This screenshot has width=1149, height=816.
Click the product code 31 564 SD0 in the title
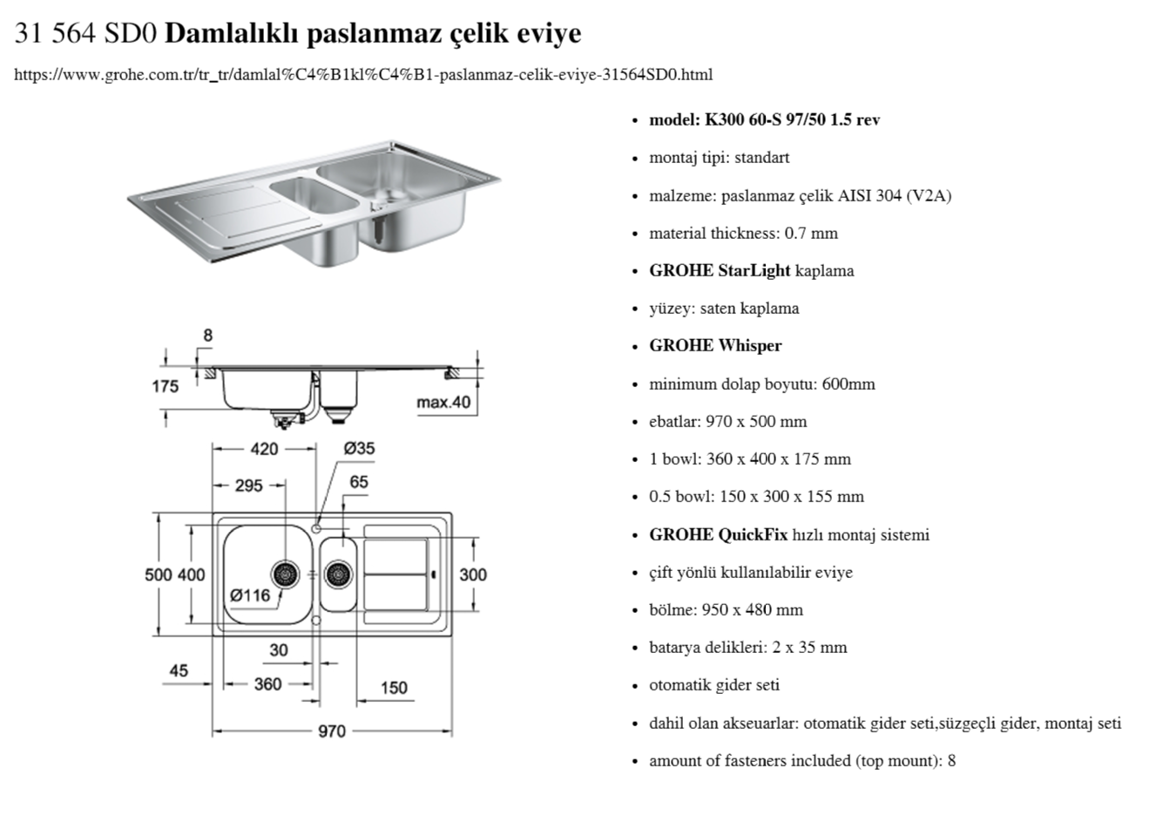[x=85, y=33]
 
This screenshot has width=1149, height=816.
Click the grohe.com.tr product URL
[x=363, y=74]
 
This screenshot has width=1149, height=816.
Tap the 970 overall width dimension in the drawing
[x=331, y=731]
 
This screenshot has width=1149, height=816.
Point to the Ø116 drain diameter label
[x=250, y=595]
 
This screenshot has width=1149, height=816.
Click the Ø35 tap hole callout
[x=358, y=448]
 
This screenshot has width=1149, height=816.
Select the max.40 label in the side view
[x=443, y=402]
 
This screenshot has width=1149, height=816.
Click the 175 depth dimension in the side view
[x=165, y=386]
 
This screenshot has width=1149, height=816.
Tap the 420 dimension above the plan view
[x=264, y=449]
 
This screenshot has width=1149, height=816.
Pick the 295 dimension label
[x=248, y=485]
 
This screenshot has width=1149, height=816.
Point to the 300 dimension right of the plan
[x=473, y=575]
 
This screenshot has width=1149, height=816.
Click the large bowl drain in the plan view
[x=285, y=574]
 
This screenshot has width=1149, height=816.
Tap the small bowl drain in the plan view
[x=338, y=574]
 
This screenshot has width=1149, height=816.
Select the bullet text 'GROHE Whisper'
[x=715, y=345]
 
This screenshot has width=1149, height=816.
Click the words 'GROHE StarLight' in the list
[x=720, y=270]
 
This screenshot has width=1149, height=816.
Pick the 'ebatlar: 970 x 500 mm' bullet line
[x=727, y=421]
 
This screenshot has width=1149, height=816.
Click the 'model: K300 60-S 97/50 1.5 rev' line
[x=764, y=119]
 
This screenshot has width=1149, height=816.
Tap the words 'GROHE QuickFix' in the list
[x=718, y=534]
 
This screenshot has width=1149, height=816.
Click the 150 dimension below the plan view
[x=393, y=688]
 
